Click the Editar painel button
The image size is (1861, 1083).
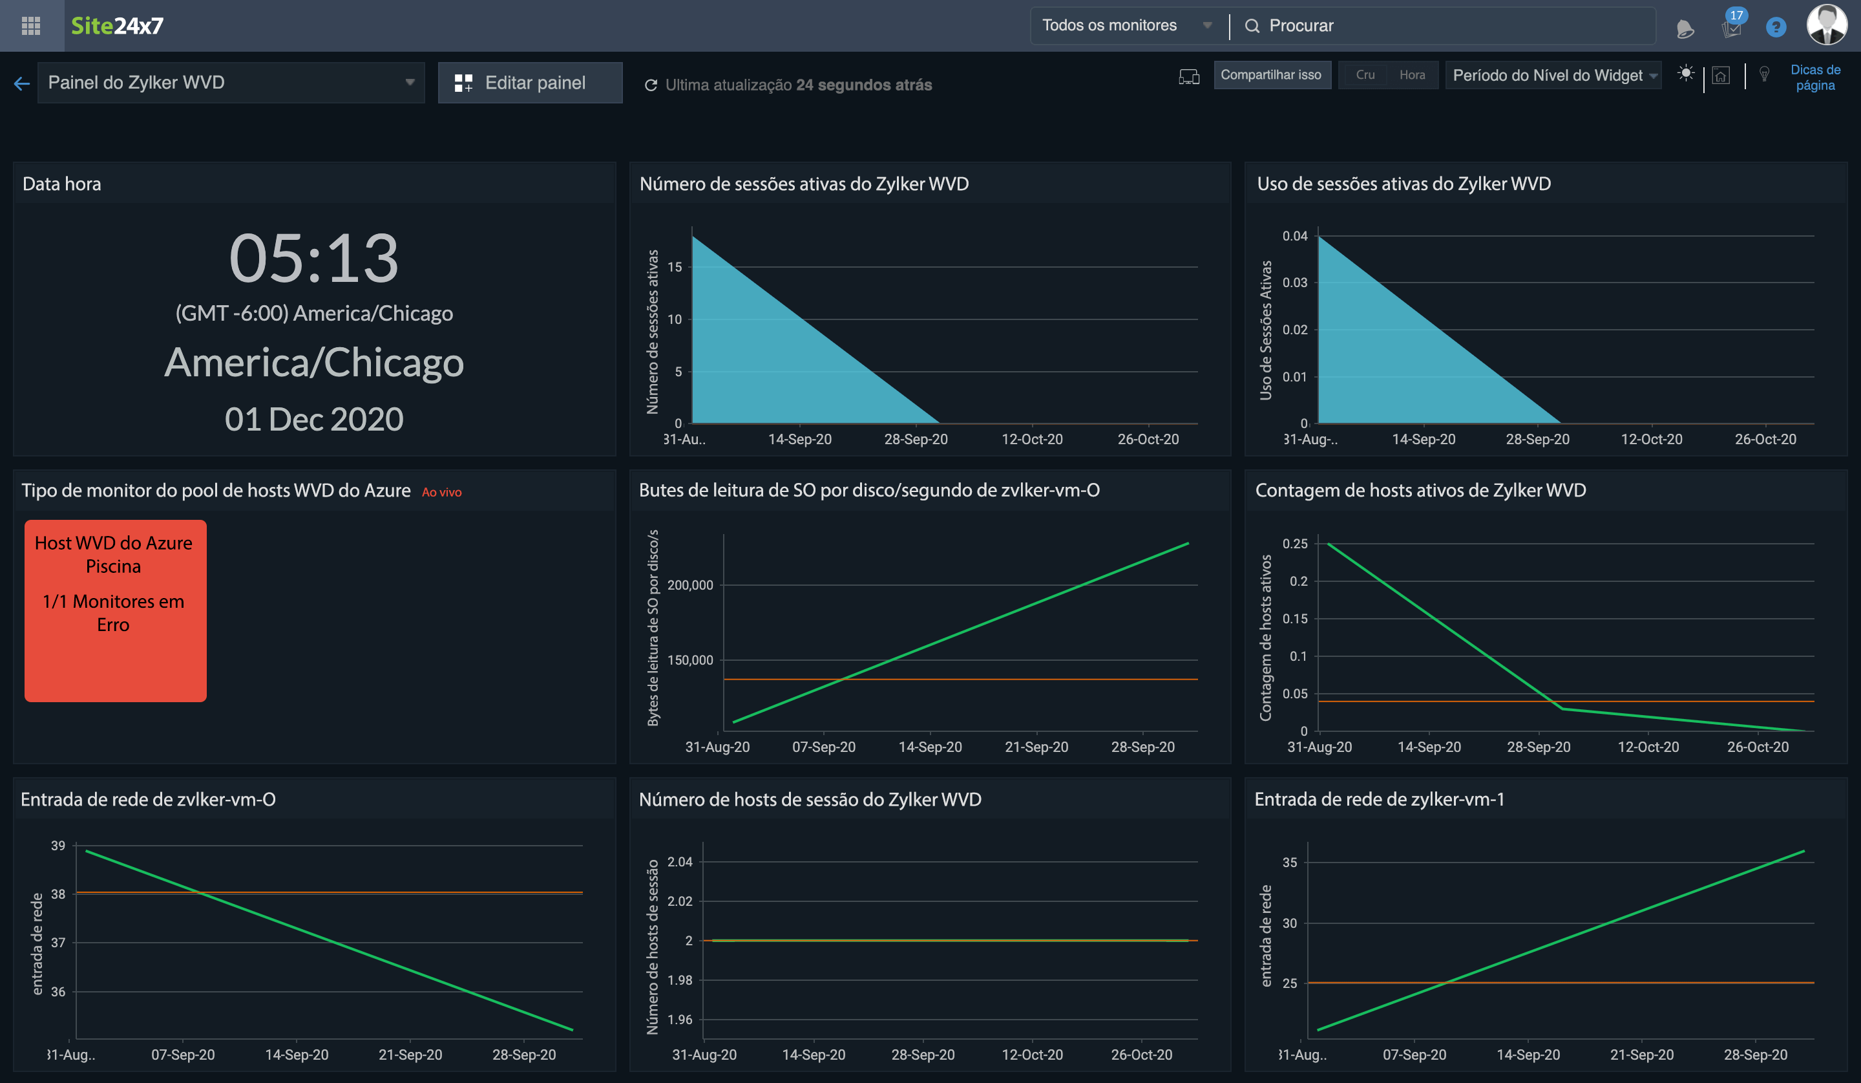point(529,83)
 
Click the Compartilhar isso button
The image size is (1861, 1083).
point(1271,74)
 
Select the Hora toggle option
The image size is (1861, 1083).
point(1411,74)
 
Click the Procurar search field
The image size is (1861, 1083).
point(1447,26)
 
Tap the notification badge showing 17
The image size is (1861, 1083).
point(1736,16)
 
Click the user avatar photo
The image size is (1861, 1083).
point(1826,25)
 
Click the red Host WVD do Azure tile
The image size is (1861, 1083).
point(115,610)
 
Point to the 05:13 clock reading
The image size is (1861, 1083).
point(314,259)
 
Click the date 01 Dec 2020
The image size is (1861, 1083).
point(314,420)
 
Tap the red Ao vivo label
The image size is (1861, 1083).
point(441,492)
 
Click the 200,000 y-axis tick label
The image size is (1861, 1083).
point(689,585)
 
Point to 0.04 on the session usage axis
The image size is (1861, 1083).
point(1294,235)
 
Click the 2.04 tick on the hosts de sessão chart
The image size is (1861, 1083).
point(679,861)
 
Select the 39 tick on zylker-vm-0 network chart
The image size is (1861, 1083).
point(58,845)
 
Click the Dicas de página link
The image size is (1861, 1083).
point(1814,78)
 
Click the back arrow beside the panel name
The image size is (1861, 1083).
point(21,83)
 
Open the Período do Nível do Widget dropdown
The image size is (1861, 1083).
point(1554,76)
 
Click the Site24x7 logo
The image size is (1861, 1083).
point(117,26)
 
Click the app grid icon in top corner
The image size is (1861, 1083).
point(31,26)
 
